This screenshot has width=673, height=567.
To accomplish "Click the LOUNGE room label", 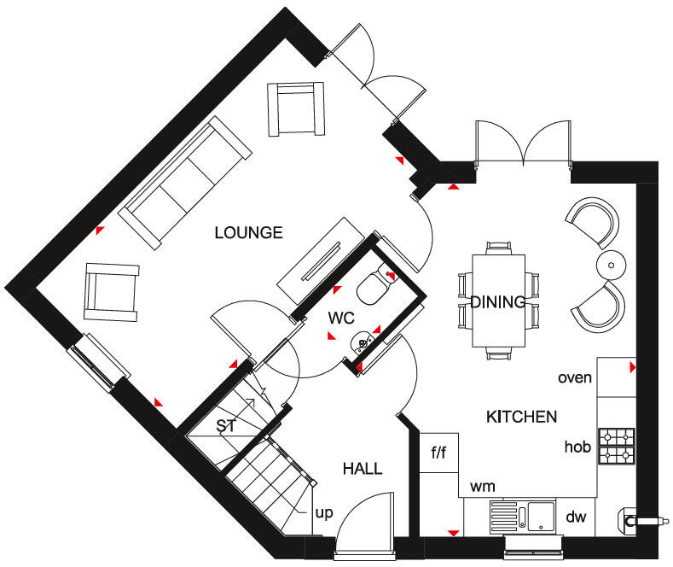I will (248, 232).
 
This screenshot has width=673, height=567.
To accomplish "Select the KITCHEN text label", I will (521, 417).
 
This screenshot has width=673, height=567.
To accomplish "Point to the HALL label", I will (362, 469).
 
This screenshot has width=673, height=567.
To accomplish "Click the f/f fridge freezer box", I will (438, 453).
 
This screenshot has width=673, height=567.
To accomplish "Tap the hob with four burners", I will (617, 446).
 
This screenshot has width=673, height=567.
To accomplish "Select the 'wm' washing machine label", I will (483, 487).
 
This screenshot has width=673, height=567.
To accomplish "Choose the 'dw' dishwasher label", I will (577, 517).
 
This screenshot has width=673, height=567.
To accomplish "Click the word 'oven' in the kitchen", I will (575, 377).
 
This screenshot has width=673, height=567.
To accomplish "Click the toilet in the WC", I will (373, 286).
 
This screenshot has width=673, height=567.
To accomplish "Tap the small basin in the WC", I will (363, 343).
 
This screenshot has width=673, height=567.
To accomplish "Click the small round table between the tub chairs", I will (612, 261).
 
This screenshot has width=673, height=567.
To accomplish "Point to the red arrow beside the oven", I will (632, 367).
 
